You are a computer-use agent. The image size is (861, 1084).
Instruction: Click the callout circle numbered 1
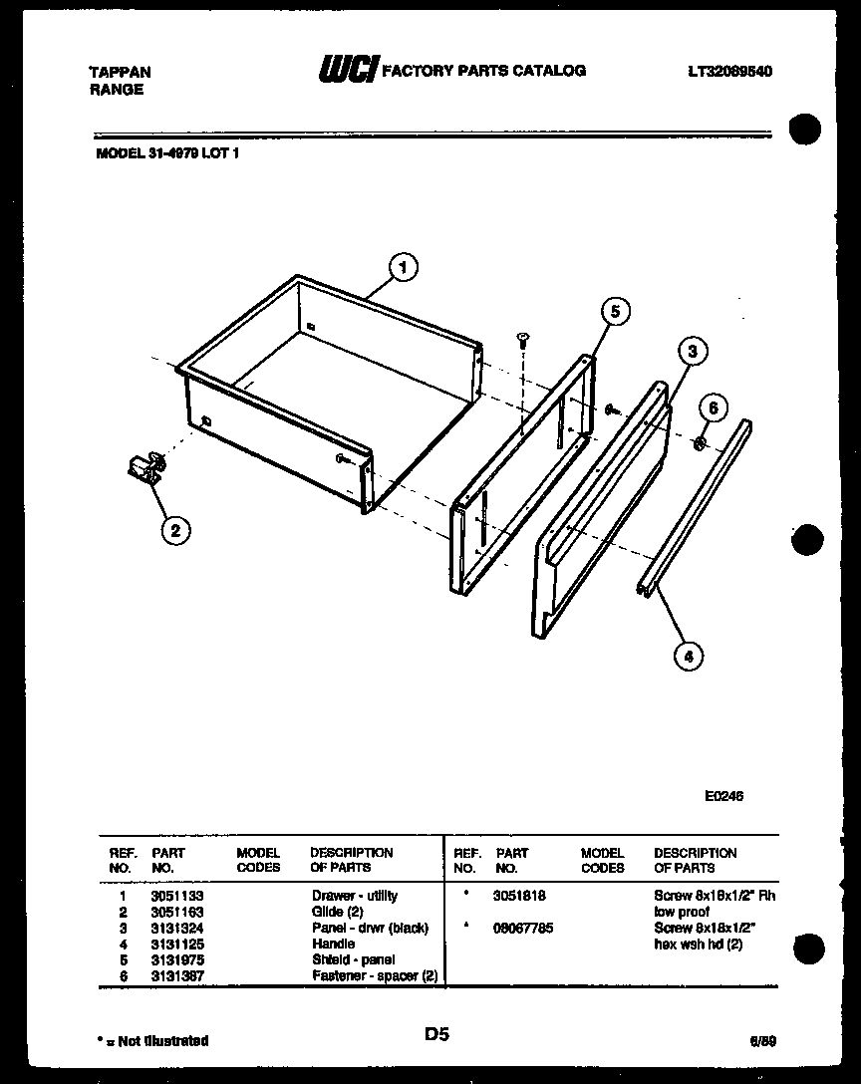pos(402,267)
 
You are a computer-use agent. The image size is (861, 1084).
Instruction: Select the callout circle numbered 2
pos(174,530)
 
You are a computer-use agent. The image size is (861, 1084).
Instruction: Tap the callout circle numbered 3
pos(692,351)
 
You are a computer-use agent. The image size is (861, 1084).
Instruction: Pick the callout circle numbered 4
pos(688,655)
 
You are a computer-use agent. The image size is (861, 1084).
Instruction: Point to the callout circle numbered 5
pos(615,312)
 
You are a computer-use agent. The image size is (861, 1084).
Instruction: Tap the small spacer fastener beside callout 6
pos(701,440)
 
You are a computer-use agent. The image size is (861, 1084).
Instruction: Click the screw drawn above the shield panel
pos(522,342)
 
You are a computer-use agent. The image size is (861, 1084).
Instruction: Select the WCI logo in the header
pos(346,71)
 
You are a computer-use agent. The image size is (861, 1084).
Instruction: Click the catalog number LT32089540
pos(729,72)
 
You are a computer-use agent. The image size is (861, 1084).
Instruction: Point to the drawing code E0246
pos(722,796)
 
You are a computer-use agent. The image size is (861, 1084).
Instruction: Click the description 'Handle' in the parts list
pos(333,944)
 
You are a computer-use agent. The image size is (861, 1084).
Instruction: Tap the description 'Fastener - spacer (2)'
pos(375,975)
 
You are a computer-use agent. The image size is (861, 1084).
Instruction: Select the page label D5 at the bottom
pos(435,1035)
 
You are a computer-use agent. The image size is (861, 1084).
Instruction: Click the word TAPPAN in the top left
pos(121,73)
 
